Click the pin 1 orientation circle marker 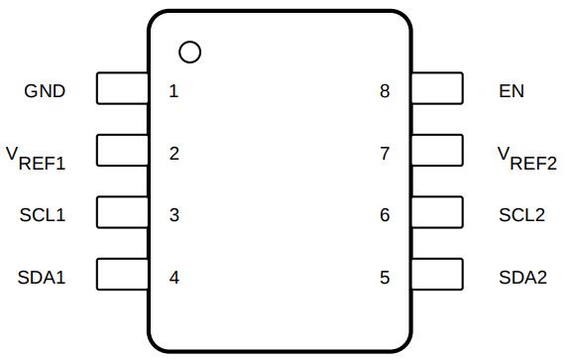coord(189,42)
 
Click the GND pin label coord(45,91)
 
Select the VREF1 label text coord(36,159)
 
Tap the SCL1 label coord(43,214)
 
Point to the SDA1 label coord(42,278)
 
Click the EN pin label coord(512,91)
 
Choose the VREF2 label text coord(527,159)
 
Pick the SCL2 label coord(522,214)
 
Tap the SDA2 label coord(523,278)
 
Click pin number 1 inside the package coord(173,91)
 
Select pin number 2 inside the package coord(174,154)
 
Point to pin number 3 coord(174,215)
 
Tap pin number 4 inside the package coord(174,278)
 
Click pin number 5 coord(385,278)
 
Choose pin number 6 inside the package coord(385,215)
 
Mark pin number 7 coord(385,154)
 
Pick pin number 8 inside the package coord(385,91)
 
